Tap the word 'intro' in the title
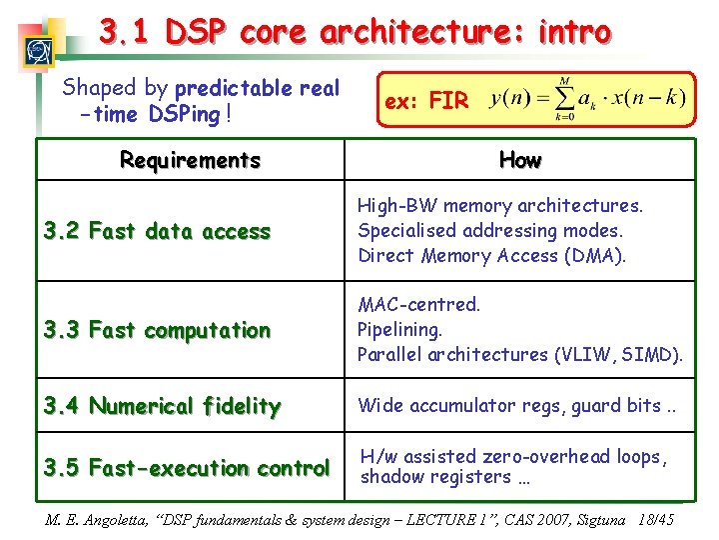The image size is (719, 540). click(x=574, y=32)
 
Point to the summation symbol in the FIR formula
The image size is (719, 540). click(x=565, y=100)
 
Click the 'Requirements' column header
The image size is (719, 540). click(x=190, y=160)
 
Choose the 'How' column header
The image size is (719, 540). click(x=519, y=160)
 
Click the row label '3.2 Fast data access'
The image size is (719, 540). click(x=157, y=232)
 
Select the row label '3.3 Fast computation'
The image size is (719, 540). click(x=157, y=330)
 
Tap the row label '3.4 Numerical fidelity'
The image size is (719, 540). click(x=162, y=406)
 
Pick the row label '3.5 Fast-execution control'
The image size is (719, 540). click(x=186, y=468)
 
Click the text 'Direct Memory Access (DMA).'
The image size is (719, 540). click(x=492, y=256)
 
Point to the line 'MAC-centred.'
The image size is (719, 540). click(x=418, y=304)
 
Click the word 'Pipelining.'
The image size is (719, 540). click(x=400, y=329)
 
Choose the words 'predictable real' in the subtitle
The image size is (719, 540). click(x=258, y=88)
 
